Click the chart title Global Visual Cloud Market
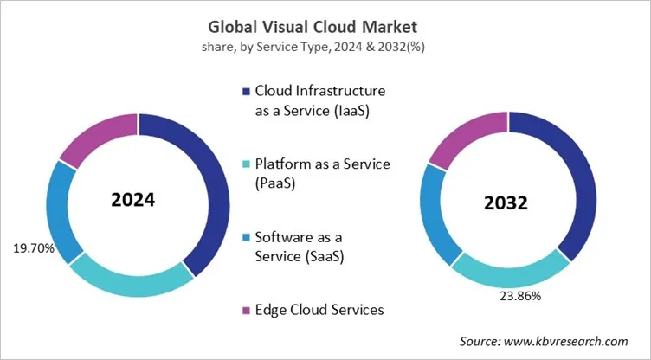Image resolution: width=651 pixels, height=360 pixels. coord(325,25)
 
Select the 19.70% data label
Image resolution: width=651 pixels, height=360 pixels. coord(34,249)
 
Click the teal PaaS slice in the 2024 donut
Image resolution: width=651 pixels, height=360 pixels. coord(130,280)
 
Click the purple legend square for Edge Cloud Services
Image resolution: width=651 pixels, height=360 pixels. coord(246,309)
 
